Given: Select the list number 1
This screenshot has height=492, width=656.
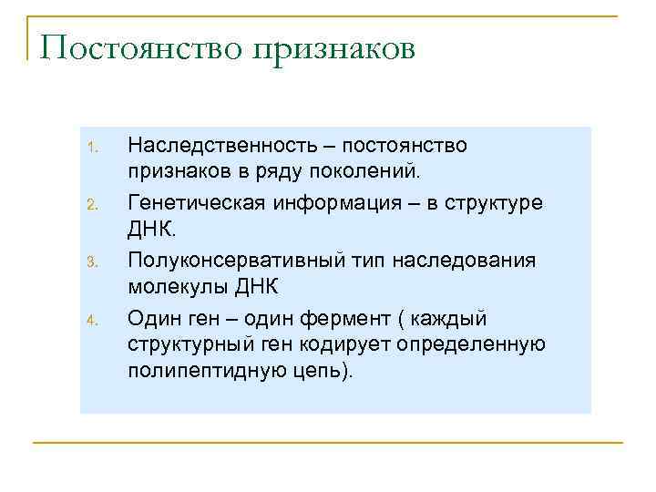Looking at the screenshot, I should tap(90, 149).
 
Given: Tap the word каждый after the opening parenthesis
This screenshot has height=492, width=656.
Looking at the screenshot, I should tap(449, 318).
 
